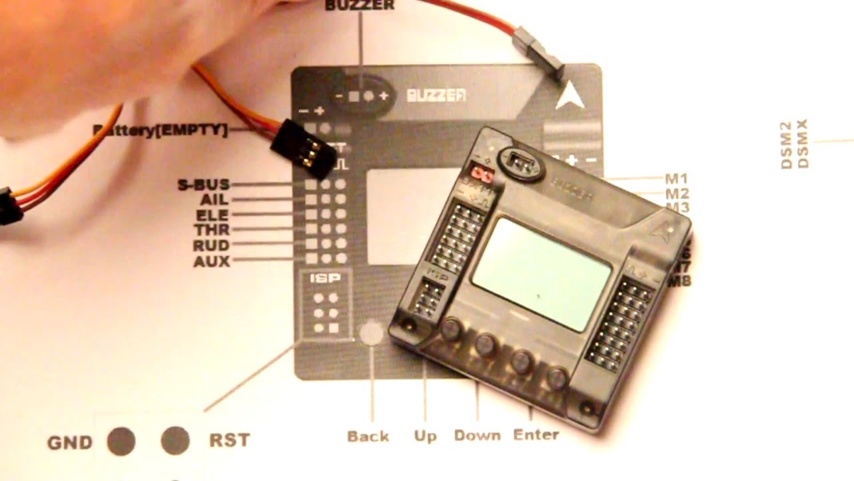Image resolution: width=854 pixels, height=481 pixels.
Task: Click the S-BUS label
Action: point(203,184)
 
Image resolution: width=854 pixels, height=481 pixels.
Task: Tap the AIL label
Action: point(213,200)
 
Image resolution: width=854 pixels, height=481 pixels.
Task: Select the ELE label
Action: point(212,215)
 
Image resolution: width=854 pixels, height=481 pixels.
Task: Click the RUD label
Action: point(211,246)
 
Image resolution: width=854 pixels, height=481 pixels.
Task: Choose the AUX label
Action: point(211,261)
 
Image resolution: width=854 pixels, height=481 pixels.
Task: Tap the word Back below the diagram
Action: point(368,436)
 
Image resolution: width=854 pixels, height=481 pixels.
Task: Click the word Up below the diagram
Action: point(425,436)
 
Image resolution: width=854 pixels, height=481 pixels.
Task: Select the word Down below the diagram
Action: point(477,436)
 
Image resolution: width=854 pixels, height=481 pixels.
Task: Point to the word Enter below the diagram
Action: point(536,435)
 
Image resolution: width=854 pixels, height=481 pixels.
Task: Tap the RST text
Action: point(230,440)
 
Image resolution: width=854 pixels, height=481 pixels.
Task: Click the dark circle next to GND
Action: point(121,441)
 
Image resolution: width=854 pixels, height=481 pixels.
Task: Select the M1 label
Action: point(676,179)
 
